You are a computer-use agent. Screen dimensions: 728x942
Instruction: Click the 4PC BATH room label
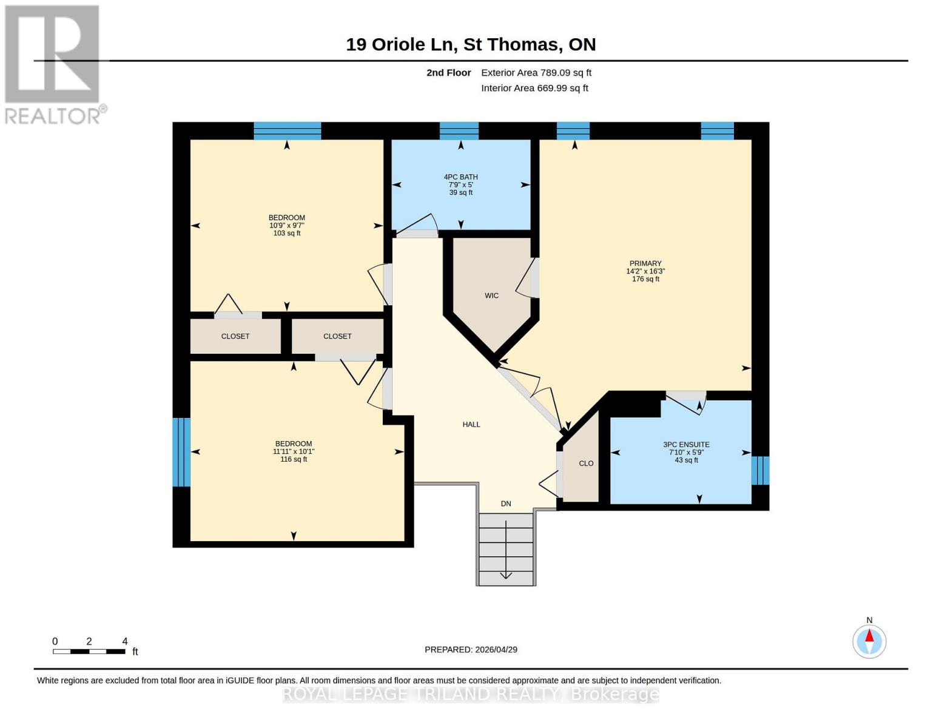460,177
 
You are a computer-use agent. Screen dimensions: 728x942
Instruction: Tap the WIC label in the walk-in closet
491,295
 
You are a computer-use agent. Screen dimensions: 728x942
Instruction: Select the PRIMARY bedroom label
645,263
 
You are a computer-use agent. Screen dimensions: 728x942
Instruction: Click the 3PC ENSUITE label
686,445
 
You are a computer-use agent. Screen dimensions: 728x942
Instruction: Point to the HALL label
471,425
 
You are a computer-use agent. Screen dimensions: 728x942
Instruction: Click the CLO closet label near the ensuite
586,463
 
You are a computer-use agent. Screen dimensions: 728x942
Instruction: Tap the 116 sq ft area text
294,459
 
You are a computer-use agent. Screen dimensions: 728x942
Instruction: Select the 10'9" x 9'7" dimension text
287,225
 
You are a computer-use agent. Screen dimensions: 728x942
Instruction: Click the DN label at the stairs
506,504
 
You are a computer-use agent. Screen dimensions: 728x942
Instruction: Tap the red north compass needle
869,636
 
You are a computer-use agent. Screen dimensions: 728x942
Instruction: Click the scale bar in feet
89,651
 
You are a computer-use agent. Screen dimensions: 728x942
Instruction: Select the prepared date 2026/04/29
471,649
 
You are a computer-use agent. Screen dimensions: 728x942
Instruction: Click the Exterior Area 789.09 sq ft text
536,73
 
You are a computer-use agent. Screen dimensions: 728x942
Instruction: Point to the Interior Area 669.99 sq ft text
534,88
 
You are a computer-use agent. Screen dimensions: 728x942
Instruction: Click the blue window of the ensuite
760,470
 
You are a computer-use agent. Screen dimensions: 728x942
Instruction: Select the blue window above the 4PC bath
459,130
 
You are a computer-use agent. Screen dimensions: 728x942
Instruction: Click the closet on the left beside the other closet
235,336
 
